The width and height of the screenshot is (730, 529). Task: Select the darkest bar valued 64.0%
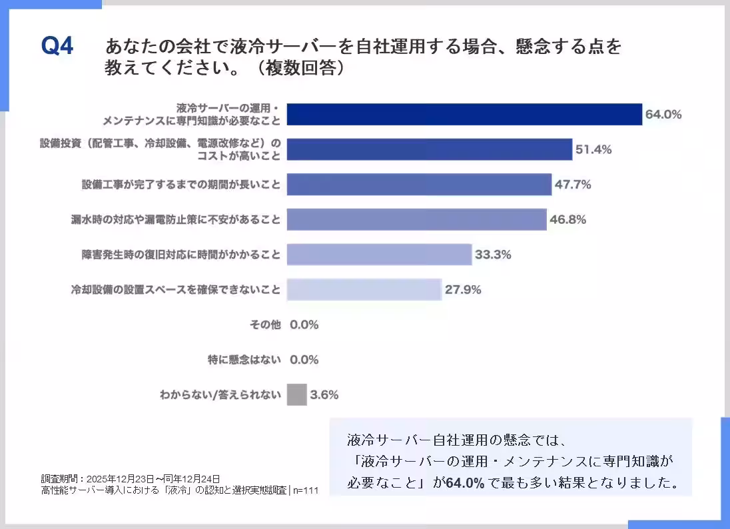tap(464, 114)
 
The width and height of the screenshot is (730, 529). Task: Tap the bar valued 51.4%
tap(430, 149)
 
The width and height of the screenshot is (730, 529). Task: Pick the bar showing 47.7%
tap(419, 185)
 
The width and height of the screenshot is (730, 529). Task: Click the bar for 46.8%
tap(416, 219)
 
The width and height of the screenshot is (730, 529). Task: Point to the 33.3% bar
tap(379, 255)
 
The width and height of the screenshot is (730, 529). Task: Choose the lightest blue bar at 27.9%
tap(364, 290)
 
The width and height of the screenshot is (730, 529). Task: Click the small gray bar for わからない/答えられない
tap(297, 394)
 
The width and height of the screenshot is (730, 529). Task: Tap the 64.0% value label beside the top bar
tap(663, 114)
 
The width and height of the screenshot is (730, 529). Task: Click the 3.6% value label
tap(324, 394)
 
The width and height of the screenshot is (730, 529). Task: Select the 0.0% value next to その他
tap(304, 325)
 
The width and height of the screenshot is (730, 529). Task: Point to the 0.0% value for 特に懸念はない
tap(304, 360)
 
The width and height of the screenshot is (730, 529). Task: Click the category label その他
tap(265, 325)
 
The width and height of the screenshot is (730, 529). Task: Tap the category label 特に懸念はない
tap(244, 360)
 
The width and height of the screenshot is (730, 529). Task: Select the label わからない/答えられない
tap(220, 394)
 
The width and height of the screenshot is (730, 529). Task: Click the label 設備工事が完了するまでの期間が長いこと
tap(181, 185)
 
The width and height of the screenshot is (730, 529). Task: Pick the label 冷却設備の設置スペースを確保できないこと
tap(176, 290)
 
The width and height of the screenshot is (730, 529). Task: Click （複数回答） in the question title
tap(295, 69)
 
